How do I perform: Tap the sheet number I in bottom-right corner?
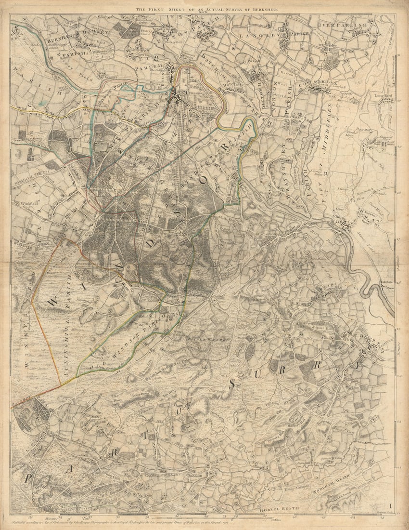point(391,505)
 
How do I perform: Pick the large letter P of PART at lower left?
point(29,478)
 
